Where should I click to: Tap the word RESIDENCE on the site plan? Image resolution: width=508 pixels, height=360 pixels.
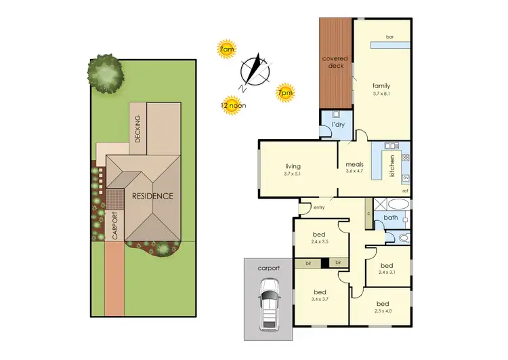tap(152, 196)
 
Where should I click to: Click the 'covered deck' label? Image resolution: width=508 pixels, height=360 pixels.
tap(335, 63)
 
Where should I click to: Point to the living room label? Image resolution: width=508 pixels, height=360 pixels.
tap(293, 166)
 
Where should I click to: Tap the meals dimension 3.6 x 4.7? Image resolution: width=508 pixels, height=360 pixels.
tap(356, 171)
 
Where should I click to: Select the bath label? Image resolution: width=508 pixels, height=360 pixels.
tap(389, 218)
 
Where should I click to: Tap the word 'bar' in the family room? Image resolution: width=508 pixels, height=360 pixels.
tap(389, 36)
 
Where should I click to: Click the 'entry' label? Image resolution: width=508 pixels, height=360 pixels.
tap(320, 207)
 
